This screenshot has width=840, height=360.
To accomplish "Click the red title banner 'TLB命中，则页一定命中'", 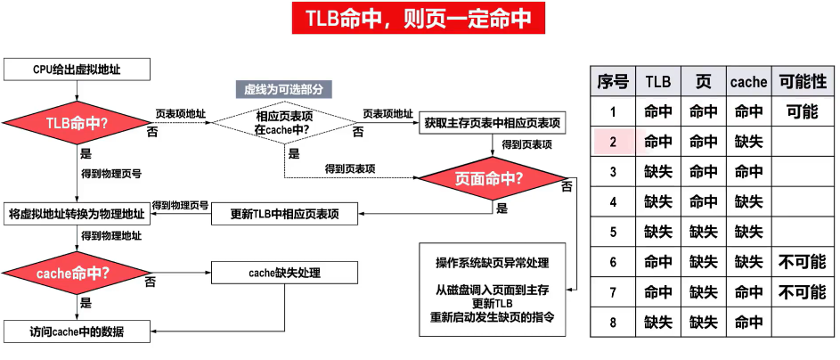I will (x=419, y=18).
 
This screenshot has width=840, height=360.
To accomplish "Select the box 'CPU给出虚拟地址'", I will (x=76, y=70).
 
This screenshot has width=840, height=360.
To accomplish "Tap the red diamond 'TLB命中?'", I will (x=76, y=124).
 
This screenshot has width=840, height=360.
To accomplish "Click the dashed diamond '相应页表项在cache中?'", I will (x=282, y=124).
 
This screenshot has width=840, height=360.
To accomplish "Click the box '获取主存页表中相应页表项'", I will (x=492, y=124).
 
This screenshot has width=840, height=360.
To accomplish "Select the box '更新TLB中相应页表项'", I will (x=285, y=213).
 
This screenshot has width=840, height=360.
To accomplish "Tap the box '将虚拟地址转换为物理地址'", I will (x=76, y=213).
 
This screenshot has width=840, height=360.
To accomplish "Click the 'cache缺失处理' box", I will (x=273, y=271).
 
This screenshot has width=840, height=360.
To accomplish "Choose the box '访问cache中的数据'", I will (x=76, y=331).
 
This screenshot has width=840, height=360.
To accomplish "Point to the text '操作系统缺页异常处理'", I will (x=492, y=263).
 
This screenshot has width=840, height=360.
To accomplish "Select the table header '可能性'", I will (x=802, y=81).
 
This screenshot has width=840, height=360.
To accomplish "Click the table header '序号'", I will (x=612, y=81).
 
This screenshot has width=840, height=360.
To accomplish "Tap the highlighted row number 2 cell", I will (x=612, y=142).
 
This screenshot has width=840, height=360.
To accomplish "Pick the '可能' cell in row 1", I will (x=802, y=112).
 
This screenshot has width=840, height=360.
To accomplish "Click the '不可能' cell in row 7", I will (x=802, y=292).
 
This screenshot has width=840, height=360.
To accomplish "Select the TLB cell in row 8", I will (x=657, y=322).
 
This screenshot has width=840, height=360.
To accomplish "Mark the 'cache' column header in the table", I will (x=748, y=81).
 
